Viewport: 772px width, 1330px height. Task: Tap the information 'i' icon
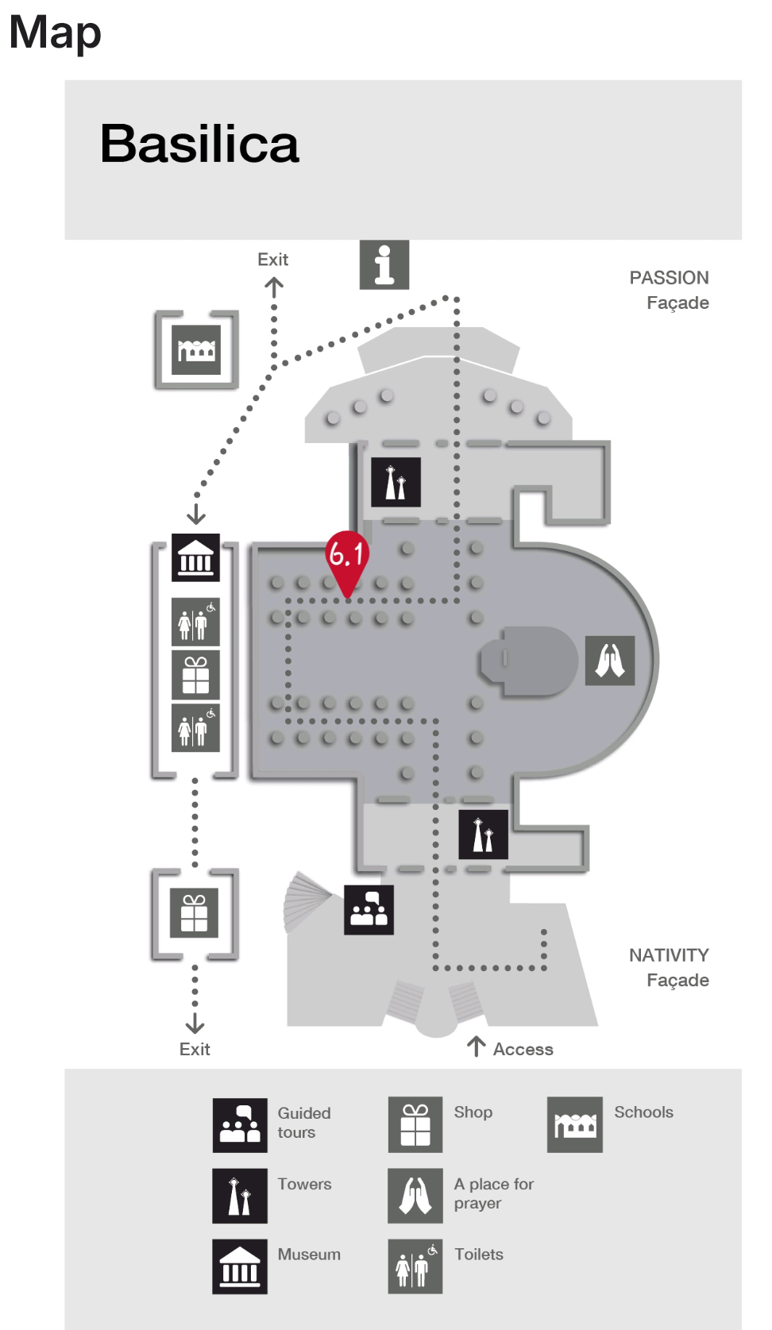384,264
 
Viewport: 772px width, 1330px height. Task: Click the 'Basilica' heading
199,144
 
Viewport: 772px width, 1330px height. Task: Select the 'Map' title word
55,33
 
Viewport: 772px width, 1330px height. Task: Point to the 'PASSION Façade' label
670,290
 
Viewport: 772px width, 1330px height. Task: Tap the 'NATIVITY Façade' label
670,967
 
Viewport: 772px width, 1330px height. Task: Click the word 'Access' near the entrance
523,1050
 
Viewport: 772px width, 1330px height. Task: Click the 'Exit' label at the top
272,260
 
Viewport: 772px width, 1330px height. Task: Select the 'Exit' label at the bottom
195,1050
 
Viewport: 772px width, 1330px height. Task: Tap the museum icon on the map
195,558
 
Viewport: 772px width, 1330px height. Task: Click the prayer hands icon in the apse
610,660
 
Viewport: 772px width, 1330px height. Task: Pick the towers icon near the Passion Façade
396,482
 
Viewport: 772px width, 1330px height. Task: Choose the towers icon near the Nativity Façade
483,835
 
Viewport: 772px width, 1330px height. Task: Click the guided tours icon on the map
369,910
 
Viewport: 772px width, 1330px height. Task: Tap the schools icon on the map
196,350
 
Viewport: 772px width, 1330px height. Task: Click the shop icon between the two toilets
195,675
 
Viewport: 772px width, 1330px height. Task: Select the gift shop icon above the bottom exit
195,913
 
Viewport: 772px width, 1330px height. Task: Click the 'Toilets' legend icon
415,1266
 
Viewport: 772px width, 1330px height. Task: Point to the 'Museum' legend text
309,1255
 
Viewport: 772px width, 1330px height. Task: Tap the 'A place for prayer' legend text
493,1193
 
